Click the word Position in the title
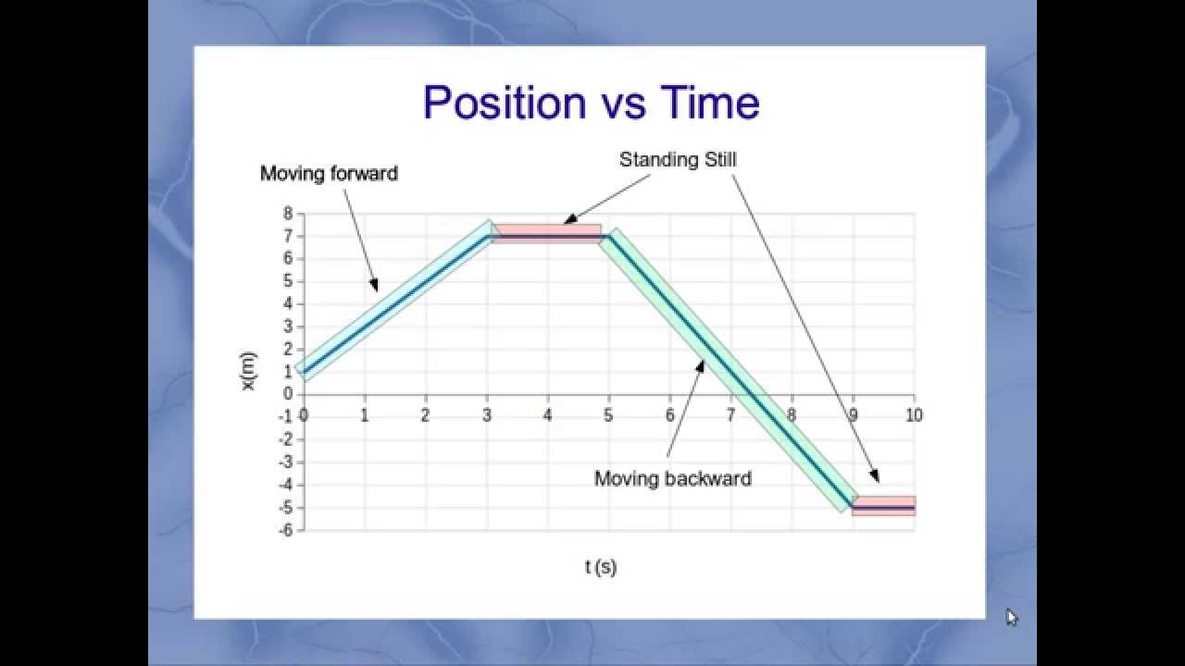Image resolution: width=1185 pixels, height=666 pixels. click(504, 103)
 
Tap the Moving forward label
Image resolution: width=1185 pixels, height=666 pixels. click(329, 174)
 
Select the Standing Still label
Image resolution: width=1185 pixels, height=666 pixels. click(678, 160)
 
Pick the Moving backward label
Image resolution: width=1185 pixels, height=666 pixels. click(672, 479)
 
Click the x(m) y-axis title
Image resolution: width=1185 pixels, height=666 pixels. click(249, 371)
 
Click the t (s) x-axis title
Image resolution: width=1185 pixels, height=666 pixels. click(601, 567)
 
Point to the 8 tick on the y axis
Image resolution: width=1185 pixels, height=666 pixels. click(288, 214)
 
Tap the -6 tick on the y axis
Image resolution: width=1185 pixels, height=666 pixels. click(285, 530)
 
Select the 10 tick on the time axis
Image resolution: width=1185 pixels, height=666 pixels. click(914, 416)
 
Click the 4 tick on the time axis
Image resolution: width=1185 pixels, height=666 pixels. click(547, 416)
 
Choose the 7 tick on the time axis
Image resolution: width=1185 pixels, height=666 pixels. click(730, 416)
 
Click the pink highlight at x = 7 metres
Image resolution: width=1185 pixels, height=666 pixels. click(546, 234)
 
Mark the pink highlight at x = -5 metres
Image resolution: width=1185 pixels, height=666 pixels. click(884, 506)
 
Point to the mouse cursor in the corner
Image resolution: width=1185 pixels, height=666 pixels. click(1011, 617)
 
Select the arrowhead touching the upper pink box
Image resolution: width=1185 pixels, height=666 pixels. click(568, 221)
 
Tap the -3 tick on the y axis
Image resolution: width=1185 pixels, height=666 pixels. click(285, 462)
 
